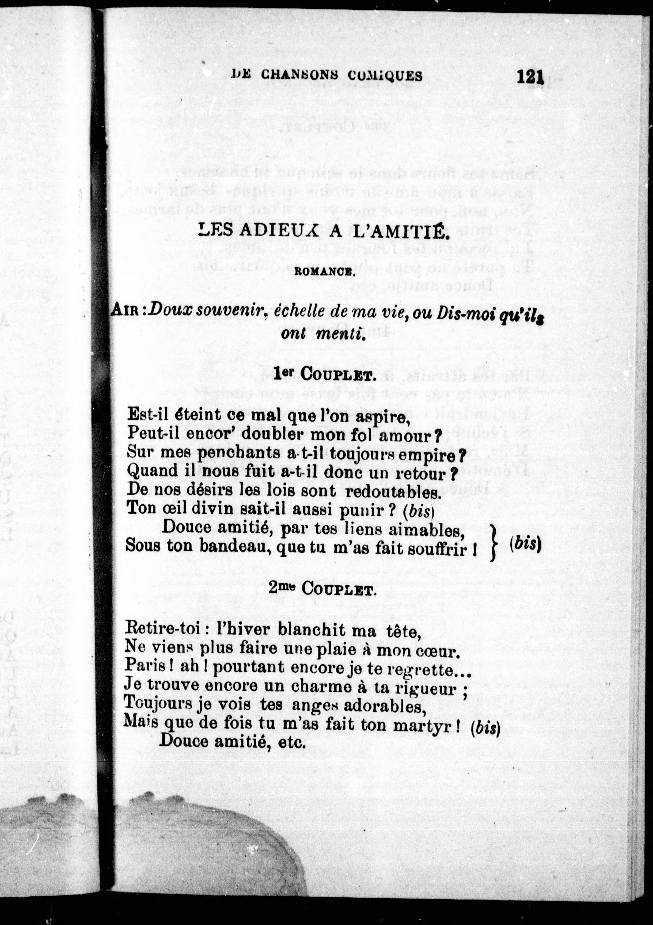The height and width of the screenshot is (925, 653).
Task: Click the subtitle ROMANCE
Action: coord(324,272)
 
